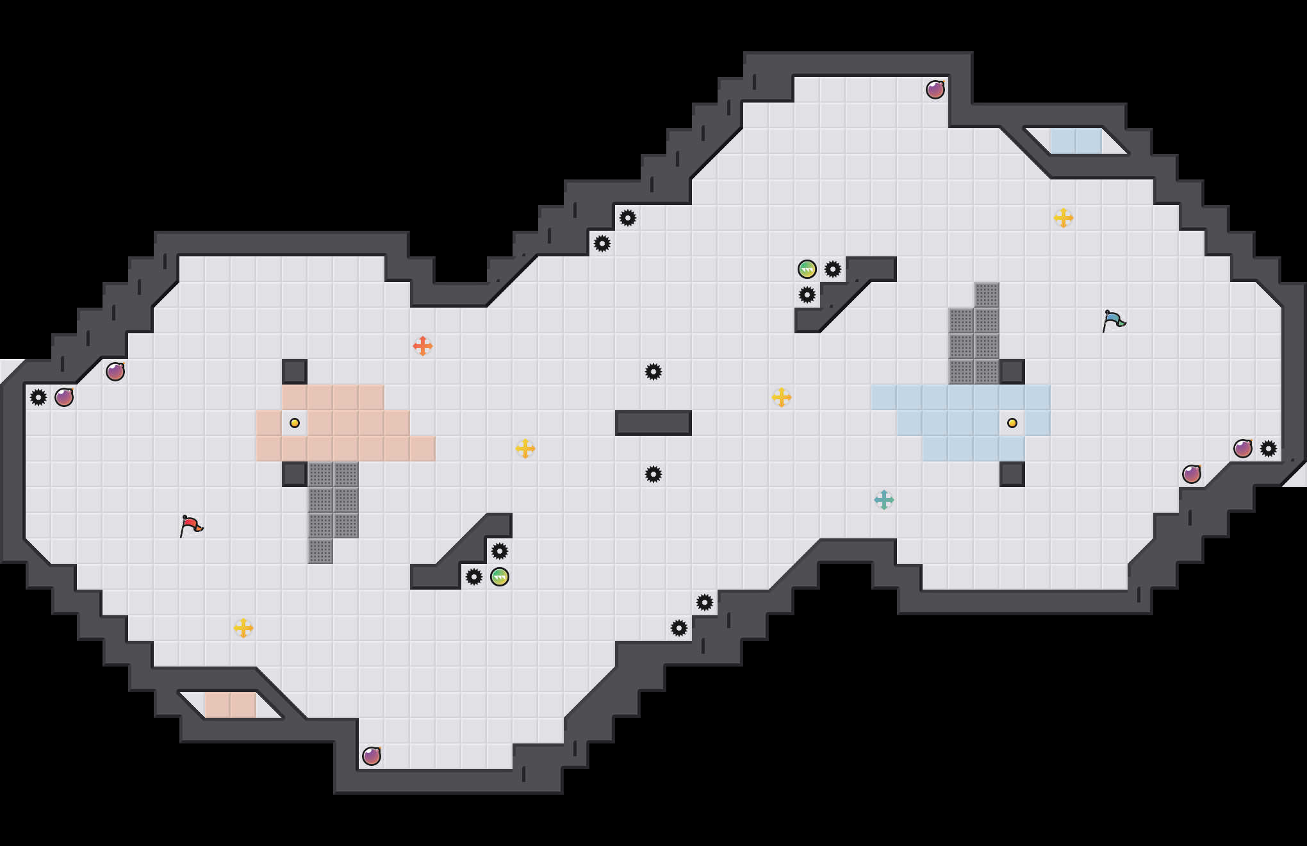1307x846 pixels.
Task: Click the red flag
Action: [x=191, y=526]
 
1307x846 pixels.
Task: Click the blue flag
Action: [x=1114, y=320]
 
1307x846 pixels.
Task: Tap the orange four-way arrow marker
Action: [x=423, y=346]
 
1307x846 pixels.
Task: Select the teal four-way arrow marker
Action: [x=884, y=500]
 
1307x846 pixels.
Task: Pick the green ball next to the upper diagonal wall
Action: [x=807, y=269]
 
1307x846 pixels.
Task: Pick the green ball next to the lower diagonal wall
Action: [x=500, y=577]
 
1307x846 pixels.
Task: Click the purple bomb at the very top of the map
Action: [x=935, y=90]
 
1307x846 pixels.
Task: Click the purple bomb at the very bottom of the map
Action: [x=372, y=756]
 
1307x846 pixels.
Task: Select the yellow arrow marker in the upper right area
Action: [x=1064, y=218]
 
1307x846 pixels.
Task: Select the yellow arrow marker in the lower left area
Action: [x=243, y=628]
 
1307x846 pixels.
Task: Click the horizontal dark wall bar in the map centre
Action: [x=653, y=423]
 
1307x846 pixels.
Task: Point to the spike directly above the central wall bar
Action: [x=653, y=372]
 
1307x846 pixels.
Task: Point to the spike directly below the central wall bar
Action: [x=653, y=474]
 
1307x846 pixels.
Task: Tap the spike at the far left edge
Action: [x=38, y=397]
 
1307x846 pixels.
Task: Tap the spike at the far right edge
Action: [x=1269, y=449]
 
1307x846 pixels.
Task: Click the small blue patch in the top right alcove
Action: [x=1076, y=141]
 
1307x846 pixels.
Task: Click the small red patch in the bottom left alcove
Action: [x=231, y=705]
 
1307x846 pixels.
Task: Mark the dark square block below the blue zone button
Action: [x=1012, y=474]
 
